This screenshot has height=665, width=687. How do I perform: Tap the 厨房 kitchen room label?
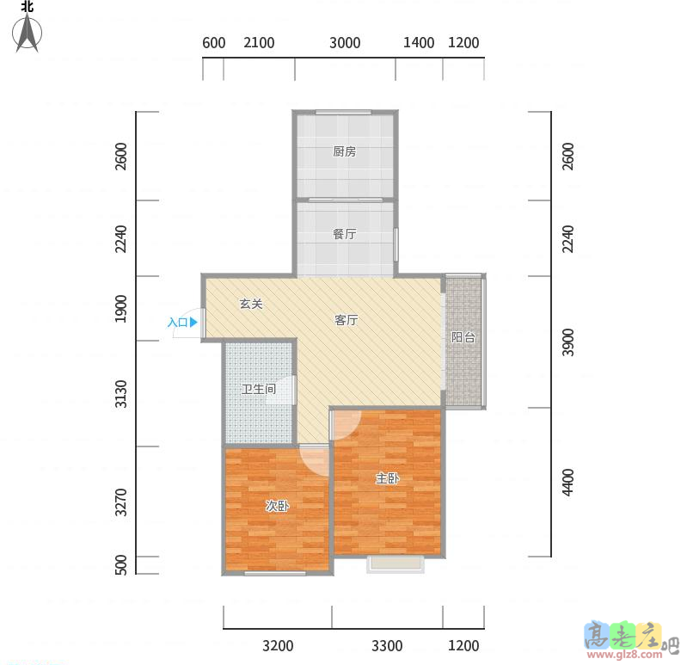[x=345, y=151]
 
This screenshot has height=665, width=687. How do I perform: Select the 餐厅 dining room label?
[x=345, y=234]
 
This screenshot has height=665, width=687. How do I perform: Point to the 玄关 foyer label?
[x=251, y=304]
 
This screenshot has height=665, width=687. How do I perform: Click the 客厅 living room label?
[x=347, y=320]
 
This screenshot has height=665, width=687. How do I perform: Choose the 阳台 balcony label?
[x=463, y=337]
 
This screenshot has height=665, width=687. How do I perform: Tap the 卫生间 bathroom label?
[x=259, y=389]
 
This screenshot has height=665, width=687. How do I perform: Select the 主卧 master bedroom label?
[x=387, y=478]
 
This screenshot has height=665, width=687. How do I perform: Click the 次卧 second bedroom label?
[x=278, y=506]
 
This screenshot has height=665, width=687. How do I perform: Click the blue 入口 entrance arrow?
[x=193, y=323]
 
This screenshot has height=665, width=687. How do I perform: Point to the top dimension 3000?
[x=345, y=43]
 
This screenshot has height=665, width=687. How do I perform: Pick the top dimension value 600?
[x=214, y=43]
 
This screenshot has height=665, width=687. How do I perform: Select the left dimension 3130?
[x=121, y=394]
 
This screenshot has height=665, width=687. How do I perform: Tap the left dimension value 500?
[x=121, y=564]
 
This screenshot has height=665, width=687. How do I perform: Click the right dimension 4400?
[x=567, y=483]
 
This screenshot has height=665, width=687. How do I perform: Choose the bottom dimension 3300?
[x=387, y=646]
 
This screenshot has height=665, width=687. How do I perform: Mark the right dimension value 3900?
[x=567, y=342]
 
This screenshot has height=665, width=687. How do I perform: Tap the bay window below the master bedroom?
[x=396, y=564]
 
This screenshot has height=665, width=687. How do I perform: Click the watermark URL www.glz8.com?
[x=625, y=655]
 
